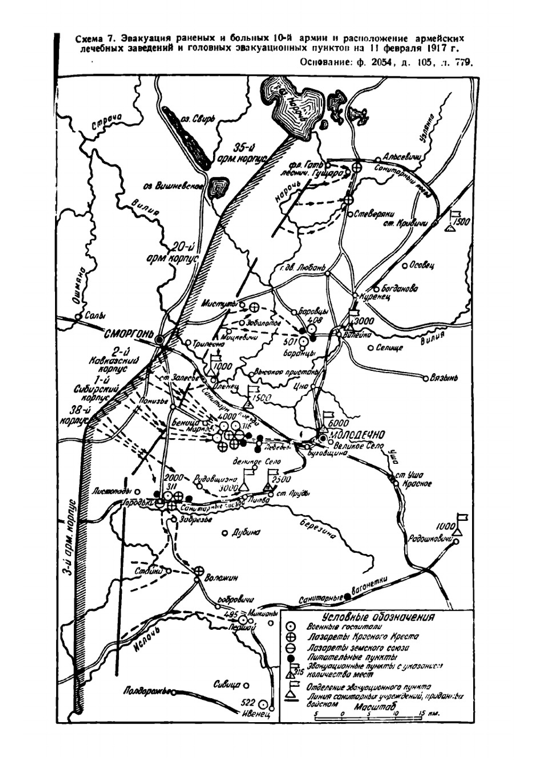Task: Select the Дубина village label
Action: (x=247, y=533)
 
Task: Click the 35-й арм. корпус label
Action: (x=246, y=155)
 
